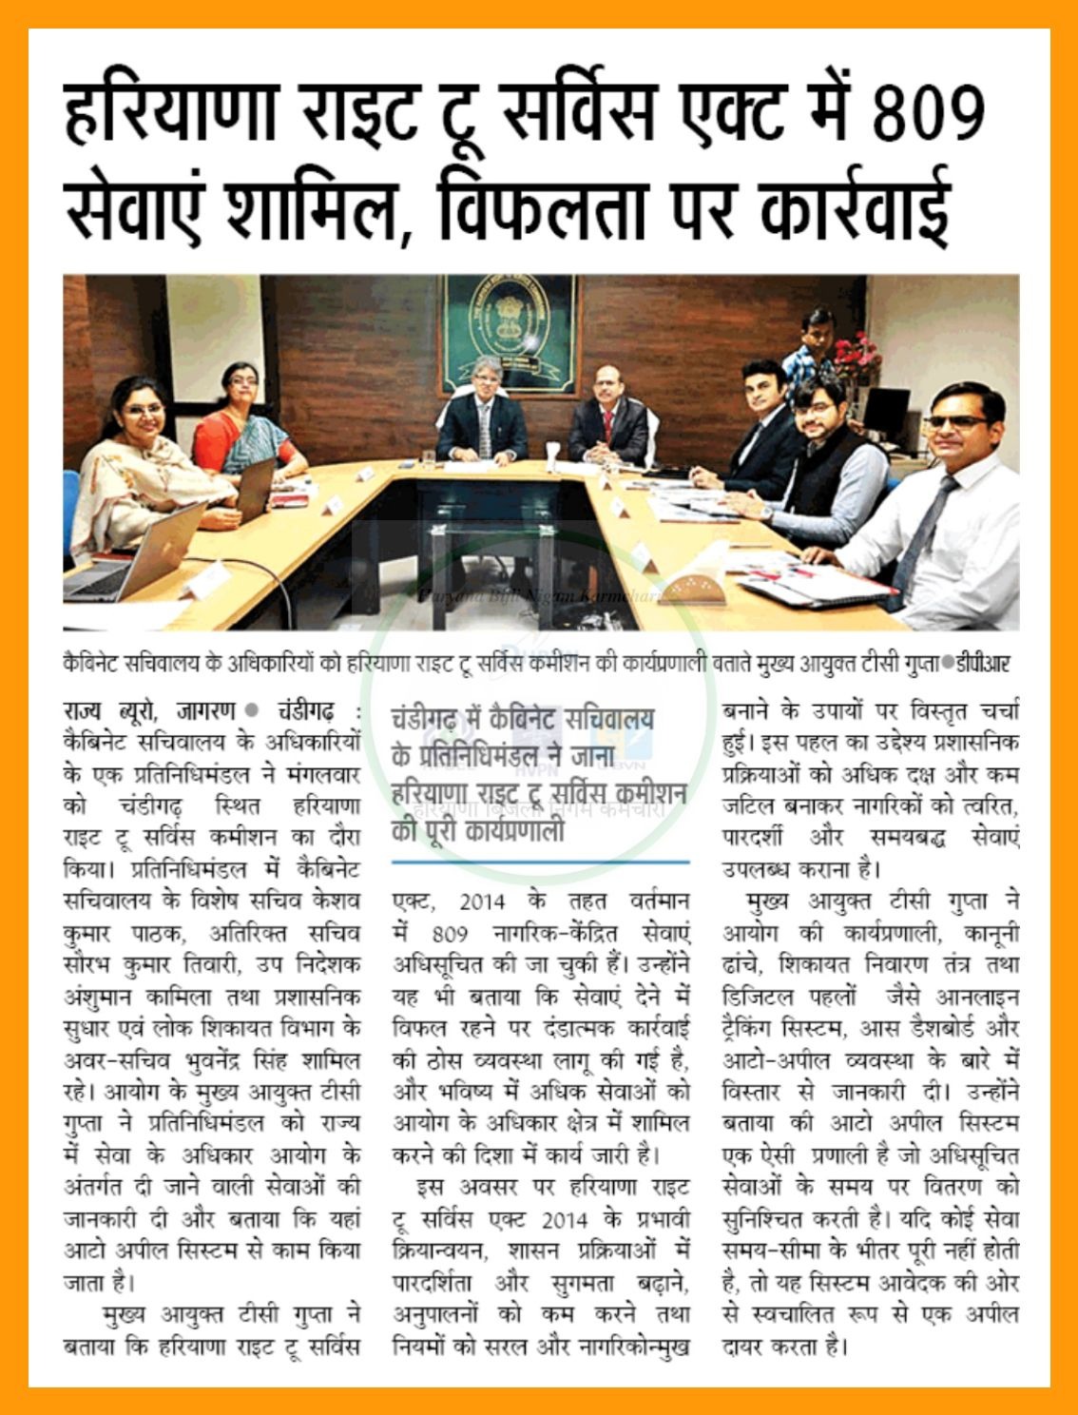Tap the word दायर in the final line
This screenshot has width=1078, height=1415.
pyautogui.click(x=746, y=1346)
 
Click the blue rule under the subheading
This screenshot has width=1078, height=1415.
pyautogui.click(x=540, y=862)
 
